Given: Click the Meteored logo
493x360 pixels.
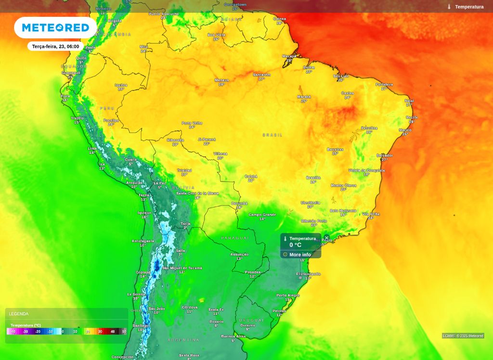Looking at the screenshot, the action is click(55, 27).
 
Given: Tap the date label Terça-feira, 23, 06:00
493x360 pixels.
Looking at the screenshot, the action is click(55, 46).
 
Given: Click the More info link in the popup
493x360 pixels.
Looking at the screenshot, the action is click(300, 255).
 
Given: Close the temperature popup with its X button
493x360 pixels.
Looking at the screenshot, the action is click(326, 238).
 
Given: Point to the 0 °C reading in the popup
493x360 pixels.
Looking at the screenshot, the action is click(295, 245).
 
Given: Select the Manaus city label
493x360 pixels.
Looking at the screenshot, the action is click(221, 80).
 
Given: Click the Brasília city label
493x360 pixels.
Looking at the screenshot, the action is click(313, 178).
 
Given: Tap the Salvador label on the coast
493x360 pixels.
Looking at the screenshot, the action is click(385, 155).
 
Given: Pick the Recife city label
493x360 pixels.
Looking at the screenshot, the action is click(412, 117).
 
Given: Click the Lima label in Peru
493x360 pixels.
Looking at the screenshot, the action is click(92, 148).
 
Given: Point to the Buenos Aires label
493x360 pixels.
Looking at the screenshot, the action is click(233, 336).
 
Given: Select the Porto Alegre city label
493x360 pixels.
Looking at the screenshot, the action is click(288, 295).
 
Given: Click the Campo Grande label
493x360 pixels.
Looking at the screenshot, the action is click(262, 215).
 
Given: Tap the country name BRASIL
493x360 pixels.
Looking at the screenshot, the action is click(272, 135).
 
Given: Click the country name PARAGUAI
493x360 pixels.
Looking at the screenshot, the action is click(235, 238).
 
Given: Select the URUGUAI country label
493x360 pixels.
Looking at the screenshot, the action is click(251, 320).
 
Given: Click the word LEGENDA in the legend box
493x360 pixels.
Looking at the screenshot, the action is click(19, 314).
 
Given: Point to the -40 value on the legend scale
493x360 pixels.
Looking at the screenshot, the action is click(13, 332).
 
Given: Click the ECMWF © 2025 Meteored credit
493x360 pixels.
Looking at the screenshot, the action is click(463, 336).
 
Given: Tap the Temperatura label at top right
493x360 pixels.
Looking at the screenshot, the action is click(469, 7).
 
